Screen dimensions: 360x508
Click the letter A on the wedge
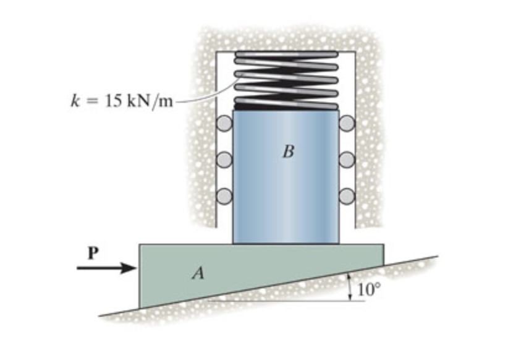point(198,273)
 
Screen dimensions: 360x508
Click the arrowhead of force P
point(131,268)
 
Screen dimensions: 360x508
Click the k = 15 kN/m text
point(121,101)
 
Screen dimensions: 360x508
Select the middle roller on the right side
point(347,160)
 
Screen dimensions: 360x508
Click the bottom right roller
point(347,195)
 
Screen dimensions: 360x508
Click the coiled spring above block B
point(286,80)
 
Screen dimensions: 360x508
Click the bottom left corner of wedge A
point(140,307)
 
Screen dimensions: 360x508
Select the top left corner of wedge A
point(140,245)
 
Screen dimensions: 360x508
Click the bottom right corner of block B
point(337,242)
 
